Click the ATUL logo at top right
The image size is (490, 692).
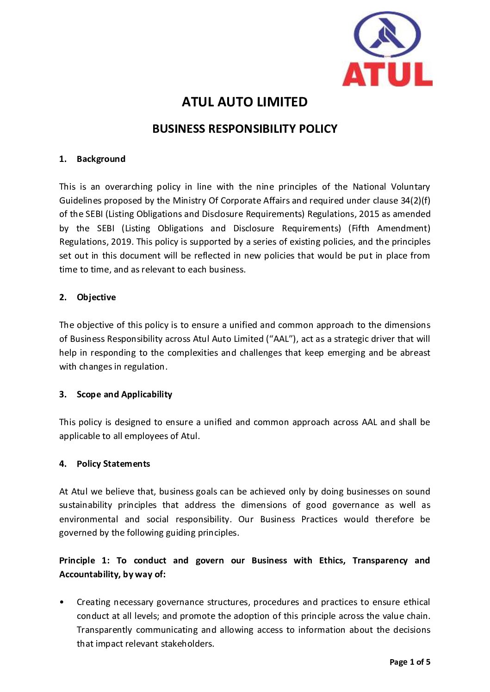tap(387, 49)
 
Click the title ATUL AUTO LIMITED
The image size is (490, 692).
tap(244, 102)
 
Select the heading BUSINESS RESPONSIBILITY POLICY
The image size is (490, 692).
tap(245, 129)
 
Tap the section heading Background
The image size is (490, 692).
tap(101, 159)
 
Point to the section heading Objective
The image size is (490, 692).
tap(96, 297)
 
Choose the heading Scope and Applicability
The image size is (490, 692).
tap(124, 395)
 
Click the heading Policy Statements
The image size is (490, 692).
tap(113, 464)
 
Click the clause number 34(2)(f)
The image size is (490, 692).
tap(416, 201)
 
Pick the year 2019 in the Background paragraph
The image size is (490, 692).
tap(122, 242)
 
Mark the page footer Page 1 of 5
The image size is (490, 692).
tap(409, 662)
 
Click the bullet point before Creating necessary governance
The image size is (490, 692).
tap(62, 602)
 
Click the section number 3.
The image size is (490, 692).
tap(62, 395)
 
